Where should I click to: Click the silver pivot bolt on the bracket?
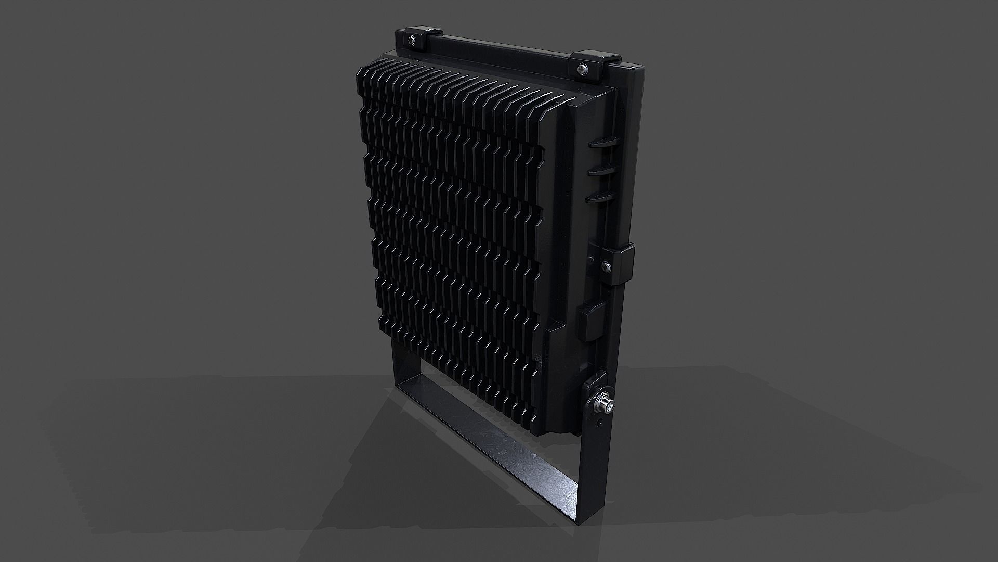tap(605, 404)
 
